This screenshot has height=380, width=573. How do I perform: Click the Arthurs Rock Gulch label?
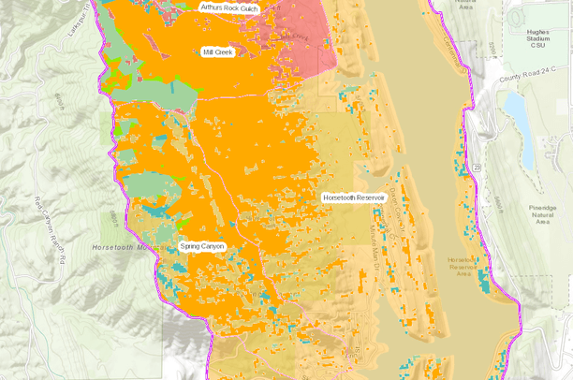228,7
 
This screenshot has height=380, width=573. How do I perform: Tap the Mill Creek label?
217,52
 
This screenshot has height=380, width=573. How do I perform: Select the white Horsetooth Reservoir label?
354,198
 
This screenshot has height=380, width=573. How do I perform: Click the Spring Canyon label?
203,247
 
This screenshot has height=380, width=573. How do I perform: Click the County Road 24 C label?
527,80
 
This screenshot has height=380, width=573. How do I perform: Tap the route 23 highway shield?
477,165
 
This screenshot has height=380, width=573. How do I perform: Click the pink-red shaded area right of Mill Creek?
309,47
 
